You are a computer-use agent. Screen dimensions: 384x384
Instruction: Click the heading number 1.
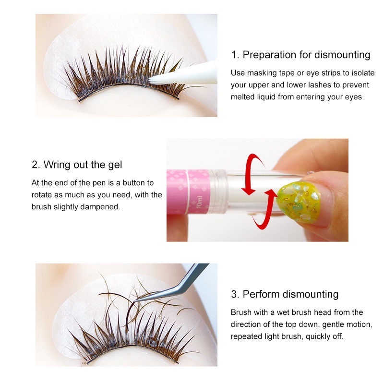[x=235, y=55]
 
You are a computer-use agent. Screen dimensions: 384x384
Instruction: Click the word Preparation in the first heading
[x=269, y=55]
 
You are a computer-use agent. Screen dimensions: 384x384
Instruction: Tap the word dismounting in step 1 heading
[x=342, y=55]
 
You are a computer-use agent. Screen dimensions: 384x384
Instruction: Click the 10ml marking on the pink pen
[x=199, y=202]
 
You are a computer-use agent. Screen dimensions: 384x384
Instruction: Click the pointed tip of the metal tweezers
[x=135, y=301]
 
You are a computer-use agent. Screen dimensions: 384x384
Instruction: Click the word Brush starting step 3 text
[x=241, y=312]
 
